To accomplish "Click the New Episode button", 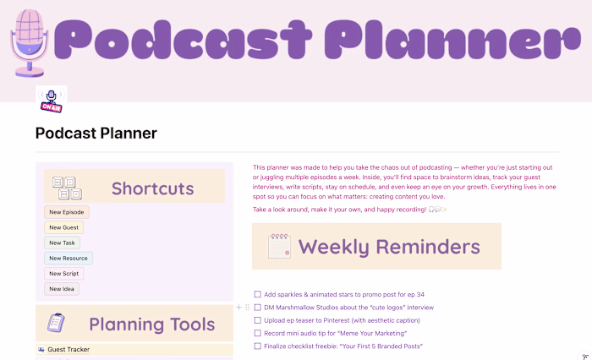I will [66, 212].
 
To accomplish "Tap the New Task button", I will [62, 243].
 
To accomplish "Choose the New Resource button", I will [68, 258].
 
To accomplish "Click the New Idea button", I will [62, 288].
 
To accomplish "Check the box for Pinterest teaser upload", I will [257, 320].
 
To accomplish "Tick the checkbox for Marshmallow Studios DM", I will [257, 308].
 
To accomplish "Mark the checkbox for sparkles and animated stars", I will [257, 295].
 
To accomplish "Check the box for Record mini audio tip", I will [257, 333].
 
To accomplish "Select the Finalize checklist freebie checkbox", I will [257, 346].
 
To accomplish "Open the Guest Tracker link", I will [69, 349].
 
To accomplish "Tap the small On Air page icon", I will [51, 100].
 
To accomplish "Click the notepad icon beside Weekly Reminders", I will [280, 246].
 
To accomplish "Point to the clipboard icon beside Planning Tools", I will [57, 323].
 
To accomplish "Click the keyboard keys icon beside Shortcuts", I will [66, 188].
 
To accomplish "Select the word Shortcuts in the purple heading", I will [152, 188].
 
